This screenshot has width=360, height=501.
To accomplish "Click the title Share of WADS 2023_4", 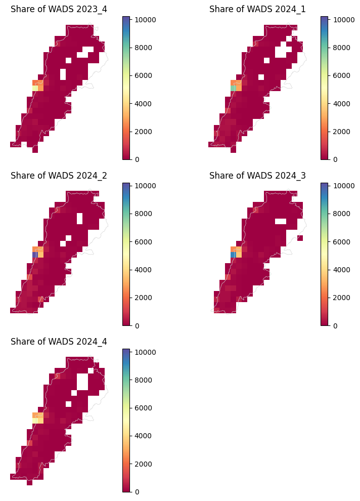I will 59,9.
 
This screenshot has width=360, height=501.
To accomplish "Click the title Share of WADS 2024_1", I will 257,9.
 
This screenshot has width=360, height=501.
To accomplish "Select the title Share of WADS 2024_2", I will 59,176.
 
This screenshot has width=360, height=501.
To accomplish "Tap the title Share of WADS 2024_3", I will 257,176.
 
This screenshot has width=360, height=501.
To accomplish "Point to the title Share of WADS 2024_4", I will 59,342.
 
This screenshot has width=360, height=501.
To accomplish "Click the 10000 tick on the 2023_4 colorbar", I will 143,19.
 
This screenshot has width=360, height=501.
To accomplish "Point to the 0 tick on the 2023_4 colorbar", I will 137,159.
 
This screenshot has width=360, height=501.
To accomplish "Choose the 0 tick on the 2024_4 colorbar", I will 137,492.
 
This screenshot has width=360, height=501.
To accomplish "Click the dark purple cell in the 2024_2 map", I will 35,255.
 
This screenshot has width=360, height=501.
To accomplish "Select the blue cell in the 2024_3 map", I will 233,255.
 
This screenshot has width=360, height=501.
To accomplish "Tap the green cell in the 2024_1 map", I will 233,88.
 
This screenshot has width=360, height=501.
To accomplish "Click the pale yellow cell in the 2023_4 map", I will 35,88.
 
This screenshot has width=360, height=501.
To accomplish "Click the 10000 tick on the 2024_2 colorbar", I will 143,186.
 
